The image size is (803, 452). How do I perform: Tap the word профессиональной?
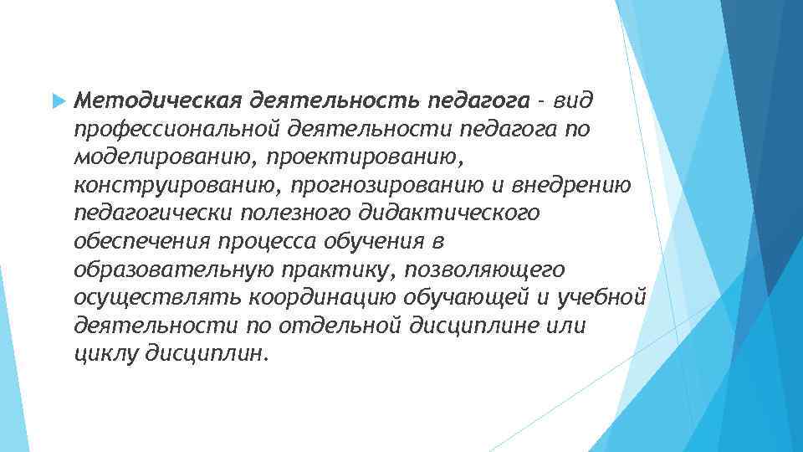(x=176, y=130)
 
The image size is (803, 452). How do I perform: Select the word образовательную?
(x=166, y=270)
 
